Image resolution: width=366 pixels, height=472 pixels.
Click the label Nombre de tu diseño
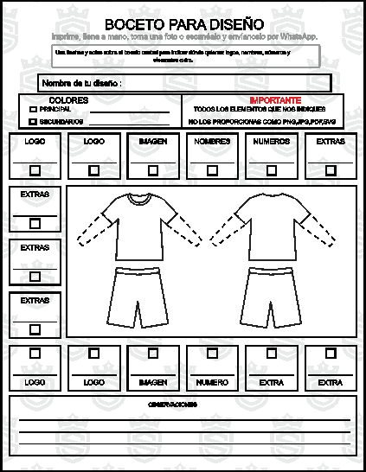point(81,83)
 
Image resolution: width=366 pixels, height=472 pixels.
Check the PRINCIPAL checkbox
point(33,110)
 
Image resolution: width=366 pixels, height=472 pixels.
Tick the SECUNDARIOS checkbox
point(33,122)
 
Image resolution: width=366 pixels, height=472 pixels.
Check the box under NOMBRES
point(212,169)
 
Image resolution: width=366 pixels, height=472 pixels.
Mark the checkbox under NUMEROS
point(271,169)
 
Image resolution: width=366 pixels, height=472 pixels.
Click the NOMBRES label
point(212,141)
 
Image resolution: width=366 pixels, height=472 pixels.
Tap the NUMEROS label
point(271,141)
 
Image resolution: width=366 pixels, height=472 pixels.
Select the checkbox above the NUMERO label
point(212,353)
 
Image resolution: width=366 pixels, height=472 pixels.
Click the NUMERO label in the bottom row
point(212,381)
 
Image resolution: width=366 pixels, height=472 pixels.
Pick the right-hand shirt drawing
point(268,226)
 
